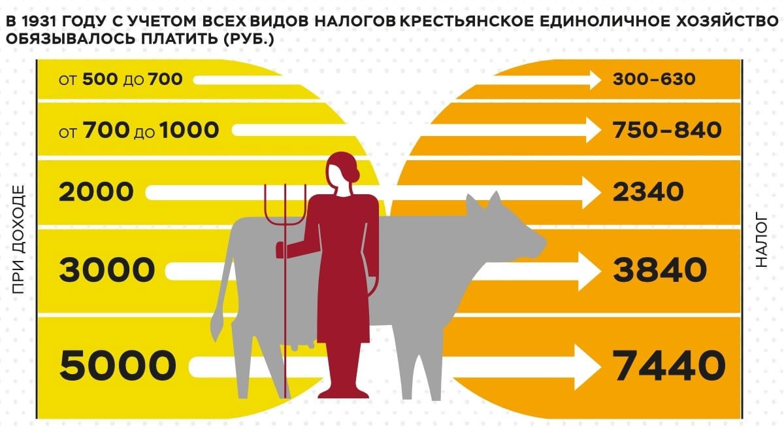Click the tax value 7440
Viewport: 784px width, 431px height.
(668, 366)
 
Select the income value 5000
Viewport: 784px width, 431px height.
(118, 366)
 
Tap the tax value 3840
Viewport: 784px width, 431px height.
(660, 270)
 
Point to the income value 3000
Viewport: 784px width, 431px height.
(107, 270)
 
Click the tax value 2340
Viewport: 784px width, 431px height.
(648, 192)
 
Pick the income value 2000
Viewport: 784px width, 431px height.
(96, 192)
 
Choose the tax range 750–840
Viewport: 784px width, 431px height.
(667, 130)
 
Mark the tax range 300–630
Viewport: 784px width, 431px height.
(654, 79)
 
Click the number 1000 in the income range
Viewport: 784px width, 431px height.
(189, 130)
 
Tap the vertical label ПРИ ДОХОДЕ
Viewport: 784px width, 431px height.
(18, 239)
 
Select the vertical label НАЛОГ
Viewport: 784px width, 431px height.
(761, 239)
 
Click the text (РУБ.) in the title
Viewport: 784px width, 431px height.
(249, 39)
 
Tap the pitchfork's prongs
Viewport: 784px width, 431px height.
(286, 205)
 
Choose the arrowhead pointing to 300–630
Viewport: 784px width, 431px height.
(595, 80)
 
